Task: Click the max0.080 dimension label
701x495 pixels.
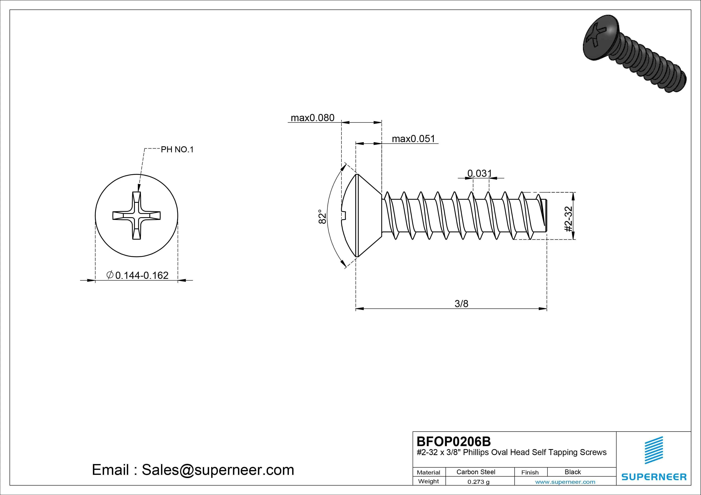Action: [312, 118]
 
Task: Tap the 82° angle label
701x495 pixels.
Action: [322, 217]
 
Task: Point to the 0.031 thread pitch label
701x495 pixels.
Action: [480, 173]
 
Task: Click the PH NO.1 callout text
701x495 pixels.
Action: [177, 149]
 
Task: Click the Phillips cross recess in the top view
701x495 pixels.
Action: [136, 215]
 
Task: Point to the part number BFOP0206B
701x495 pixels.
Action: [454, 441]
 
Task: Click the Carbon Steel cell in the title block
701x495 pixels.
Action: [476, 472]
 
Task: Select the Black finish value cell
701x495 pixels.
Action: [573, 472]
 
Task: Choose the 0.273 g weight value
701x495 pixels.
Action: [478, 482]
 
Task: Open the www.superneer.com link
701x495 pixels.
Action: [565, 482]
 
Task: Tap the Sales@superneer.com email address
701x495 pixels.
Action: [218, 470]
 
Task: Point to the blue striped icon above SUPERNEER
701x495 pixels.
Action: [654, 450]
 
